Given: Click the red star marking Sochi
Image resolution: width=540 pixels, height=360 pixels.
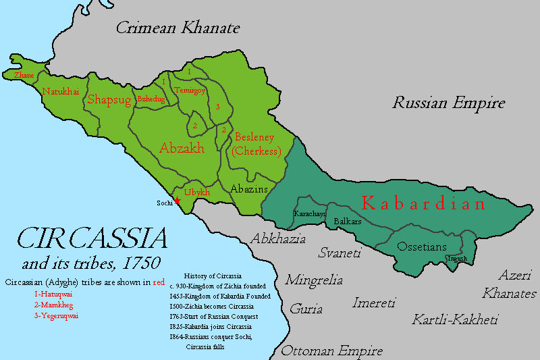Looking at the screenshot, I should coord(177,200).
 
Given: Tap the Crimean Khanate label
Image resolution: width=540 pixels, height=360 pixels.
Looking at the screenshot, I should coord(178,28).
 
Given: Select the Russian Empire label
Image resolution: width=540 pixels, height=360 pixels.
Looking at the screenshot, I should coord(449,103).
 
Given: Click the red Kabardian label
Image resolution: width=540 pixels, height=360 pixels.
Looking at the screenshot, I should coord(423,203).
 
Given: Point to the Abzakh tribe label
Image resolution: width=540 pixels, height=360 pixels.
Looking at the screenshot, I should coord(182,148).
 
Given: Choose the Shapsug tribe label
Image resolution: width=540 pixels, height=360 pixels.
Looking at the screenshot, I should coord(108,100).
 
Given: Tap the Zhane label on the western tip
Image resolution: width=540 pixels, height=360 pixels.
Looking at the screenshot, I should coord(24,76).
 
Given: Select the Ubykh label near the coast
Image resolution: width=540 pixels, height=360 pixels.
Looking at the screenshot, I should coord(197,192).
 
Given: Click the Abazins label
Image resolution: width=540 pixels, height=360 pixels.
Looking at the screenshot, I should coord(249,188).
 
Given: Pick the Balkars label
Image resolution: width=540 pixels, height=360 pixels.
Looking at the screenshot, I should coord(348,221).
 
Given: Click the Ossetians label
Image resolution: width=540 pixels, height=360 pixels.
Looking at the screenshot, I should coord(422,247).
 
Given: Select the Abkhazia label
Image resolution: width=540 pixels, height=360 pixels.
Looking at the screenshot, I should coord(278,238).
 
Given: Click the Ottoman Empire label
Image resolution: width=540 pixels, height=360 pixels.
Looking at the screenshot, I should coord(331,351).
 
